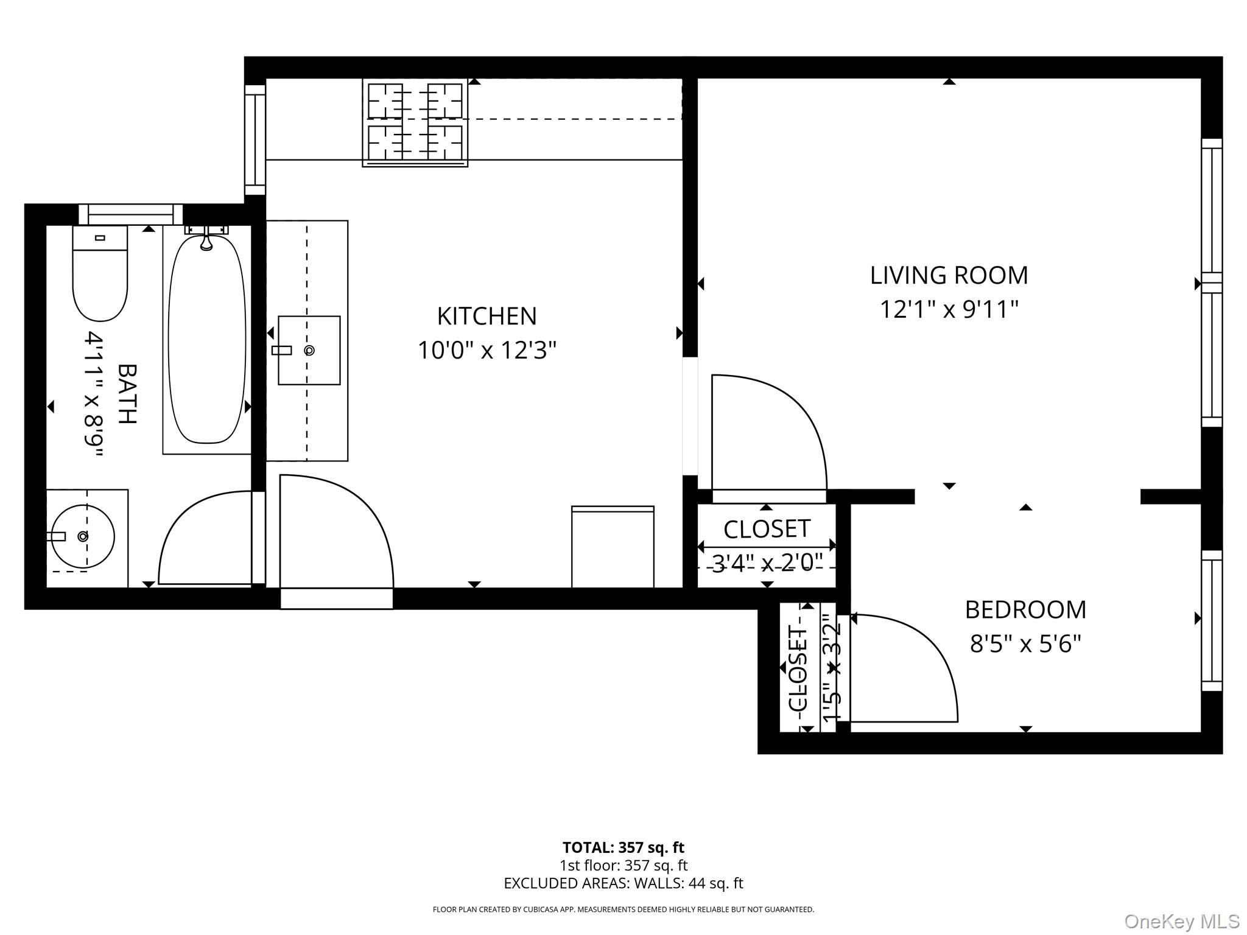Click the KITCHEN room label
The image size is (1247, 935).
click(x=487, y=316)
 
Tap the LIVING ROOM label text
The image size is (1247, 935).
click(x=948, y=275)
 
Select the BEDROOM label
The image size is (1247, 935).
click(x=1025, y=609)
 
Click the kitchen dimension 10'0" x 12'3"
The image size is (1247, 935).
click(x=487, y=350)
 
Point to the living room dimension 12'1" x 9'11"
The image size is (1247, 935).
click(x=948, y=309)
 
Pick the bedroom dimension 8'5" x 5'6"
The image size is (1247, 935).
click(x=1025, y=643)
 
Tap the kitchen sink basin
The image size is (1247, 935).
click(x=309, y=350)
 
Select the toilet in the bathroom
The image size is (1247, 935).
click(x=100, y=274)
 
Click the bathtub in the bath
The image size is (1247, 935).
click(x=206, y=341)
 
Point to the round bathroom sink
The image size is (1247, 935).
click(x=83, y=536)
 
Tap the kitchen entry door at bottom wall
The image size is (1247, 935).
click(x=336, y=536)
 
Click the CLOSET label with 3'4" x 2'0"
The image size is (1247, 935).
click(x=767, y=529)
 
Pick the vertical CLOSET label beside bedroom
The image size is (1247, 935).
click(x=798, y=668)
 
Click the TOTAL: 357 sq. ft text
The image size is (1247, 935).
click(x=623, y=847)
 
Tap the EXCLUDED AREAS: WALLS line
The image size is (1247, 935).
click(x=623, y=883)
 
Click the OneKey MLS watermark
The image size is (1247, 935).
click(x=1181, y=922)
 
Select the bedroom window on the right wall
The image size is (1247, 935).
click(x=1211, y=620)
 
